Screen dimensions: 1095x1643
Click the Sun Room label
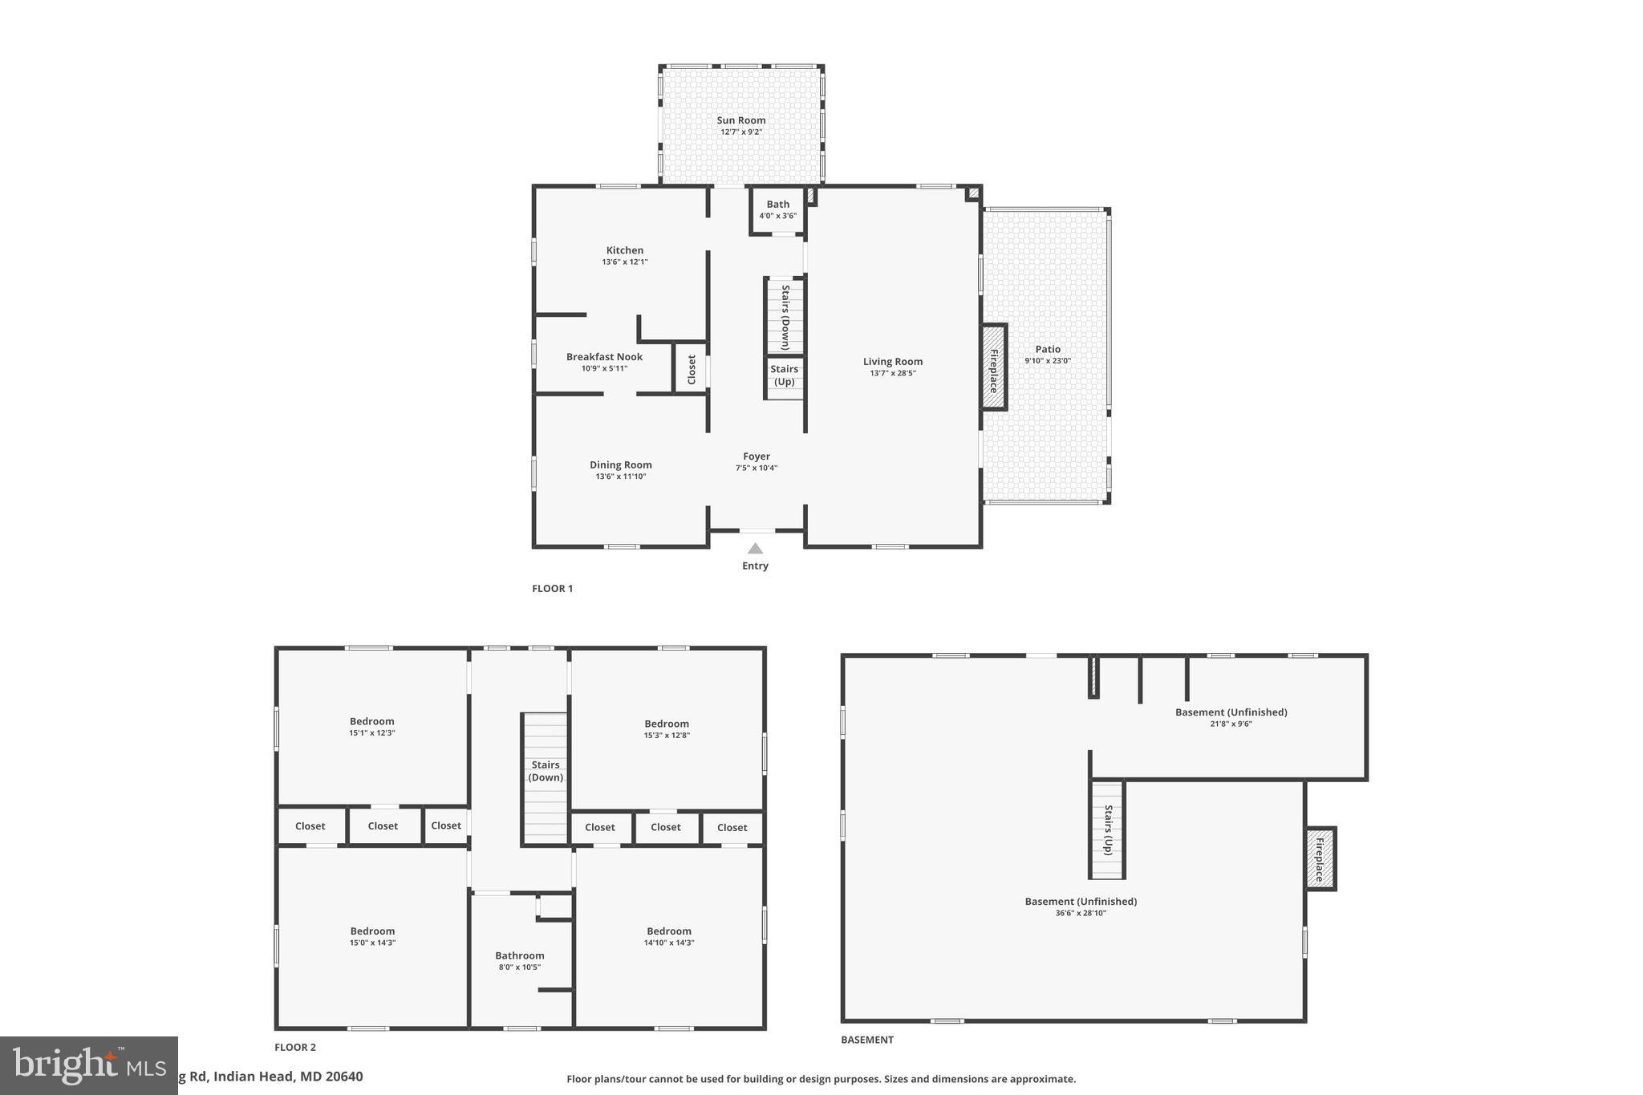click(740, 120)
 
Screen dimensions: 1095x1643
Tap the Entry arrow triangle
click(755, 549)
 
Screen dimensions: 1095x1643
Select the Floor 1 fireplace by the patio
click(993, 368)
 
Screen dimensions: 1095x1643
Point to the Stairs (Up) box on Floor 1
click(784, 376)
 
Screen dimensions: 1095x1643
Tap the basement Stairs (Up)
click(1107, 829)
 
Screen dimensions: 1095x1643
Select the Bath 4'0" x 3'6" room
click(777, 210)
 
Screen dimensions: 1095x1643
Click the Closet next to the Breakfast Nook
click(691, 369)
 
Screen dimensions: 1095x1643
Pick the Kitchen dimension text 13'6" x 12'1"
click(625, 262)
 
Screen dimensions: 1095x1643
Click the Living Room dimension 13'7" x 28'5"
click(893, 373)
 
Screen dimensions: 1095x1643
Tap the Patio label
click(1047, 349)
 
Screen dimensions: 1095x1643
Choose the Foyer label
click(756, 456)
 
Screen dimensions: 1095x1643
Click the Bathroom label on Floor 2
click(519, 955)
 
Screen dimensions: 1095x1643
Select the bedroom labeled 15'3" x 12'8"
click(666, 728)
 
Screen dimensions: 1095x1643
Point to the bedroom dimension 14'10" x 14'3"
click(669, 943)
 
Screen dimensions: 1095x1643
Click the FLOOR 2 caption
click(295, 1047)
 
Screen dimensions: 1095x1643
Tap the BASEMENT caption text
click(866, 1040)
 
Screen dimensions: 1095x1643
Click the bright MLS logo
click(88, 1065)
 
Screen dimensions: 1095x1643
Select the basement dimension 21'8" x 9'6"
click(1231, 724)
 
